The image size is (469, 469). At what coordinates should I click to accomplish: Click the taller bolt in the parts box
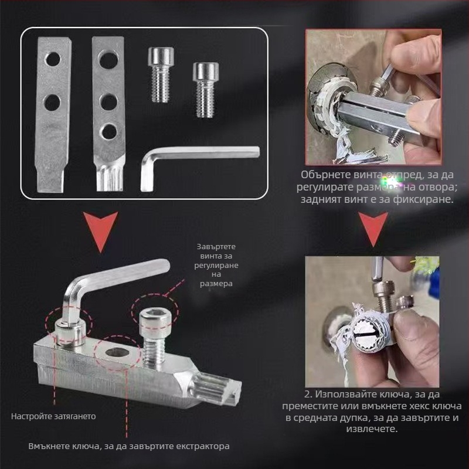coord(161,75)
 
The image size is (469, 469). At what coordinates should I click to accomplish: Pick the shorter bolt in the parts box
coord(206,90)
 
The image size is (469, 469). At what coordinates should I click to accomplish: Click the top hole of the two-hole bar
coord(53,59)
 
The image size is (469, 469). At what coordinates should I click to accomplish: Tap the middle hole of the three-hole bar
coord(108,102)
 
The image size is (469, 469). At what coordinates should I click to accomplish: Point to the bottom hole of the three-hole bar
coord(108,131)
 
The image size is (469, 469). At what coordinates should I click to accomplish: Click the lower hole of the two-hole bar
coord(53,103)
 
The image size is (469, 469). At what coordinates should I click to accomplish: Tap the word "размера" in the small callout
coord(216,284)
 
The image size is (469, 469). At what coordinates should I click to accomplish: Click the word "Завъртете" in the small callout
coord(216,246)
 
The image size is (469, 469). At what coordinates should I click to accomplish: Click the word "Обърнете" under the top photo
coord(325,174)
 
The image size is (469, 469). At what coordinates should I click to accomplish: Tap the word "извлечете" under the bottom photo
coord(372,429)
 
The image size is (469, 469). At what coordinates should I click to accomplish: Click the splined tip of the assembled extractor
coord(217,389)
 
